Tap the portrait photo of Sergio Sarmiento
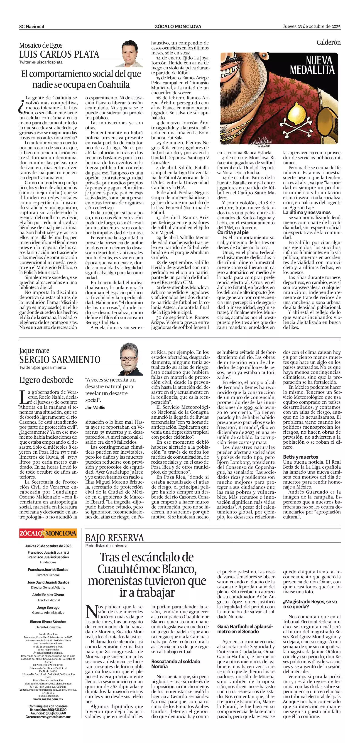(x=131, y=359)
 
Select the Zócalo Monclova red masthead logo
(x=48, y=533)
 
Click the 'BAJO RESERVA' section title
(x=115, y=537)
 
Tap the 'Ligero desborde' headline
(x=46, y=380)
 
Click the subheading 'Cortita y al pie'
(x=233, y=232)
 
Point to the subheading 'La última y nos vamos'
(x=307, y=212)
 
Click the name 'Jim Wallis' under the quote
(x=95, y=408)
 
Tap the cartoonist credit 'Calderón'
(x=328, y=42)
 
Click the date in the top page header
(x=311, y=26)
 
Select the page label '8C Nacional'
(x=32, y=27)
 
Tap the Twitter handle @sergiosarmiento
(x=43, y=367)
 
